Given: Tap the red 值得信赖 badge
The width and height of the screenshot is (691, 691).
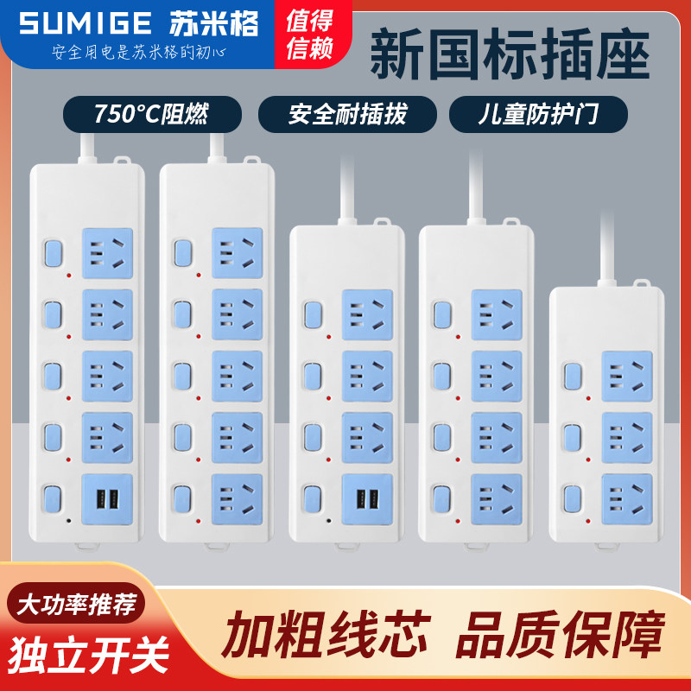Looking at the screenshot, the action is (309, 35).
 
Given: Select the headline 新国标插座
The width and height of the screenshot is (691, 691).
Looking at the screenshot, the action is (509, 54).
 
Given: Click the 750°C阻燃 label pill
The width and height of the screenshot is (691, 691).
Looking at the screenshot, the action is (151, 114).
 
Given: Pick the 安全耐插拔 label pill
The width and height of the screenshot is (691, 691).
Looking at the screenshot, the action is (347, 114).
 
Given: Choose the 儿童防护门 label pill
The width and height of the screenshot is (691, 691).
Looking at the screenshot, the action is (537, 114).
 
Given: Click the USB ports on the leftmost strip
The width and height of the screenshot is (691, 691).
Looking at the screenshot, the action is (107, 499).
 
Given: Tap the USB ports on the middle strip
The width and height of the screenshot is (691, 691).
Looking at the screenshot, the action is (367, 499).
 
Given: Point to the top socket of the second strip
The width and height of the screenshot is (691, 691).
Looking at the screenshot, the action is (237, 253).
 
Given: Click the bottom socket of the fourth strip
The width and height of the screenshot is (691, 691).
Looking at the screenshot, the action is (497, 498).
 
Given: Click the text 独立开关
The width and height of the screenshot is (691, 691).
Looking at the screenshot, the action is (90, 654).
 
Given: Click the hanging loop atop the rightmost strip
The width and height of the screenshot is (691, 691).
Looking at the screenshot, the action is (639, 282).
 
